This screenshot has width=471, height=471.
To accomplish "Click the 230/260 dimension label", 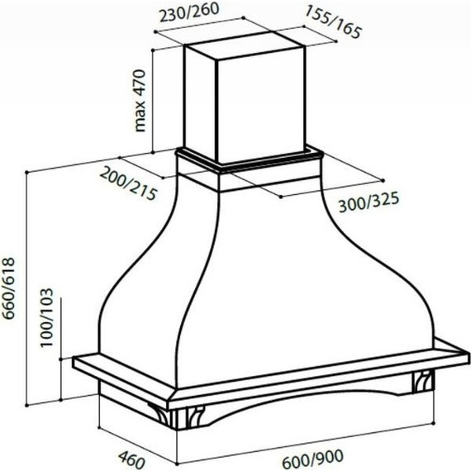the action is click(189, 13).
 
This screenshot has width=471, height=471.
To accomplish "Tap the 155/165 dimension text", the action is click(333, 22).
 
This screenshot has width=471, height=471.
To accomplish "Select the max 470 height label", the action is click(140, 101).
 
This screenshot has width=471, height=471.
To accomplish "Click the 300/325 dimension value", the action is click(369, 202).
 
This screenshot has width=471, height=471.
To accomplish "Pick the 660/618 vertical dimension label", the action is click(7, 288).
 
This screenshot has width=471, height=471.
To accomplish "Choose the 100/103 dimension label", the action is click(46, 318).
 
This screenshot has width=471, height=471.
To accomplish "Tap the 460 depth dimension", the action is click(131, 459).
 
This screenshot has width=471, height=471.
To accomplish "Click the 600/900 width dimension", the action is click(312, 459).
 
